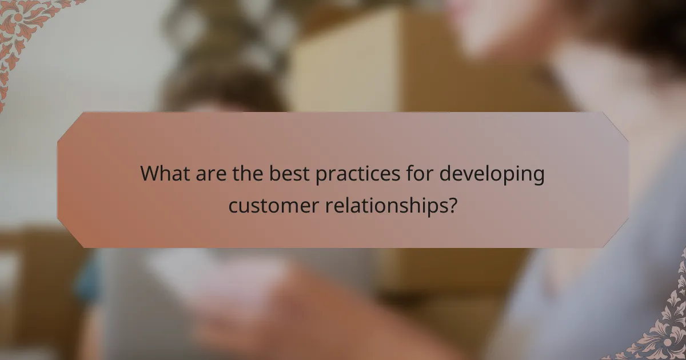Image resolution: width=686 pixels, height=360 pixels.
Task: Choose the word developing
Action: pos(492,174)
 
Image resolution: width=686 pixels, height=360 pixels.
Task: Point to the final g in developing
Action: pos(538,176)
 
